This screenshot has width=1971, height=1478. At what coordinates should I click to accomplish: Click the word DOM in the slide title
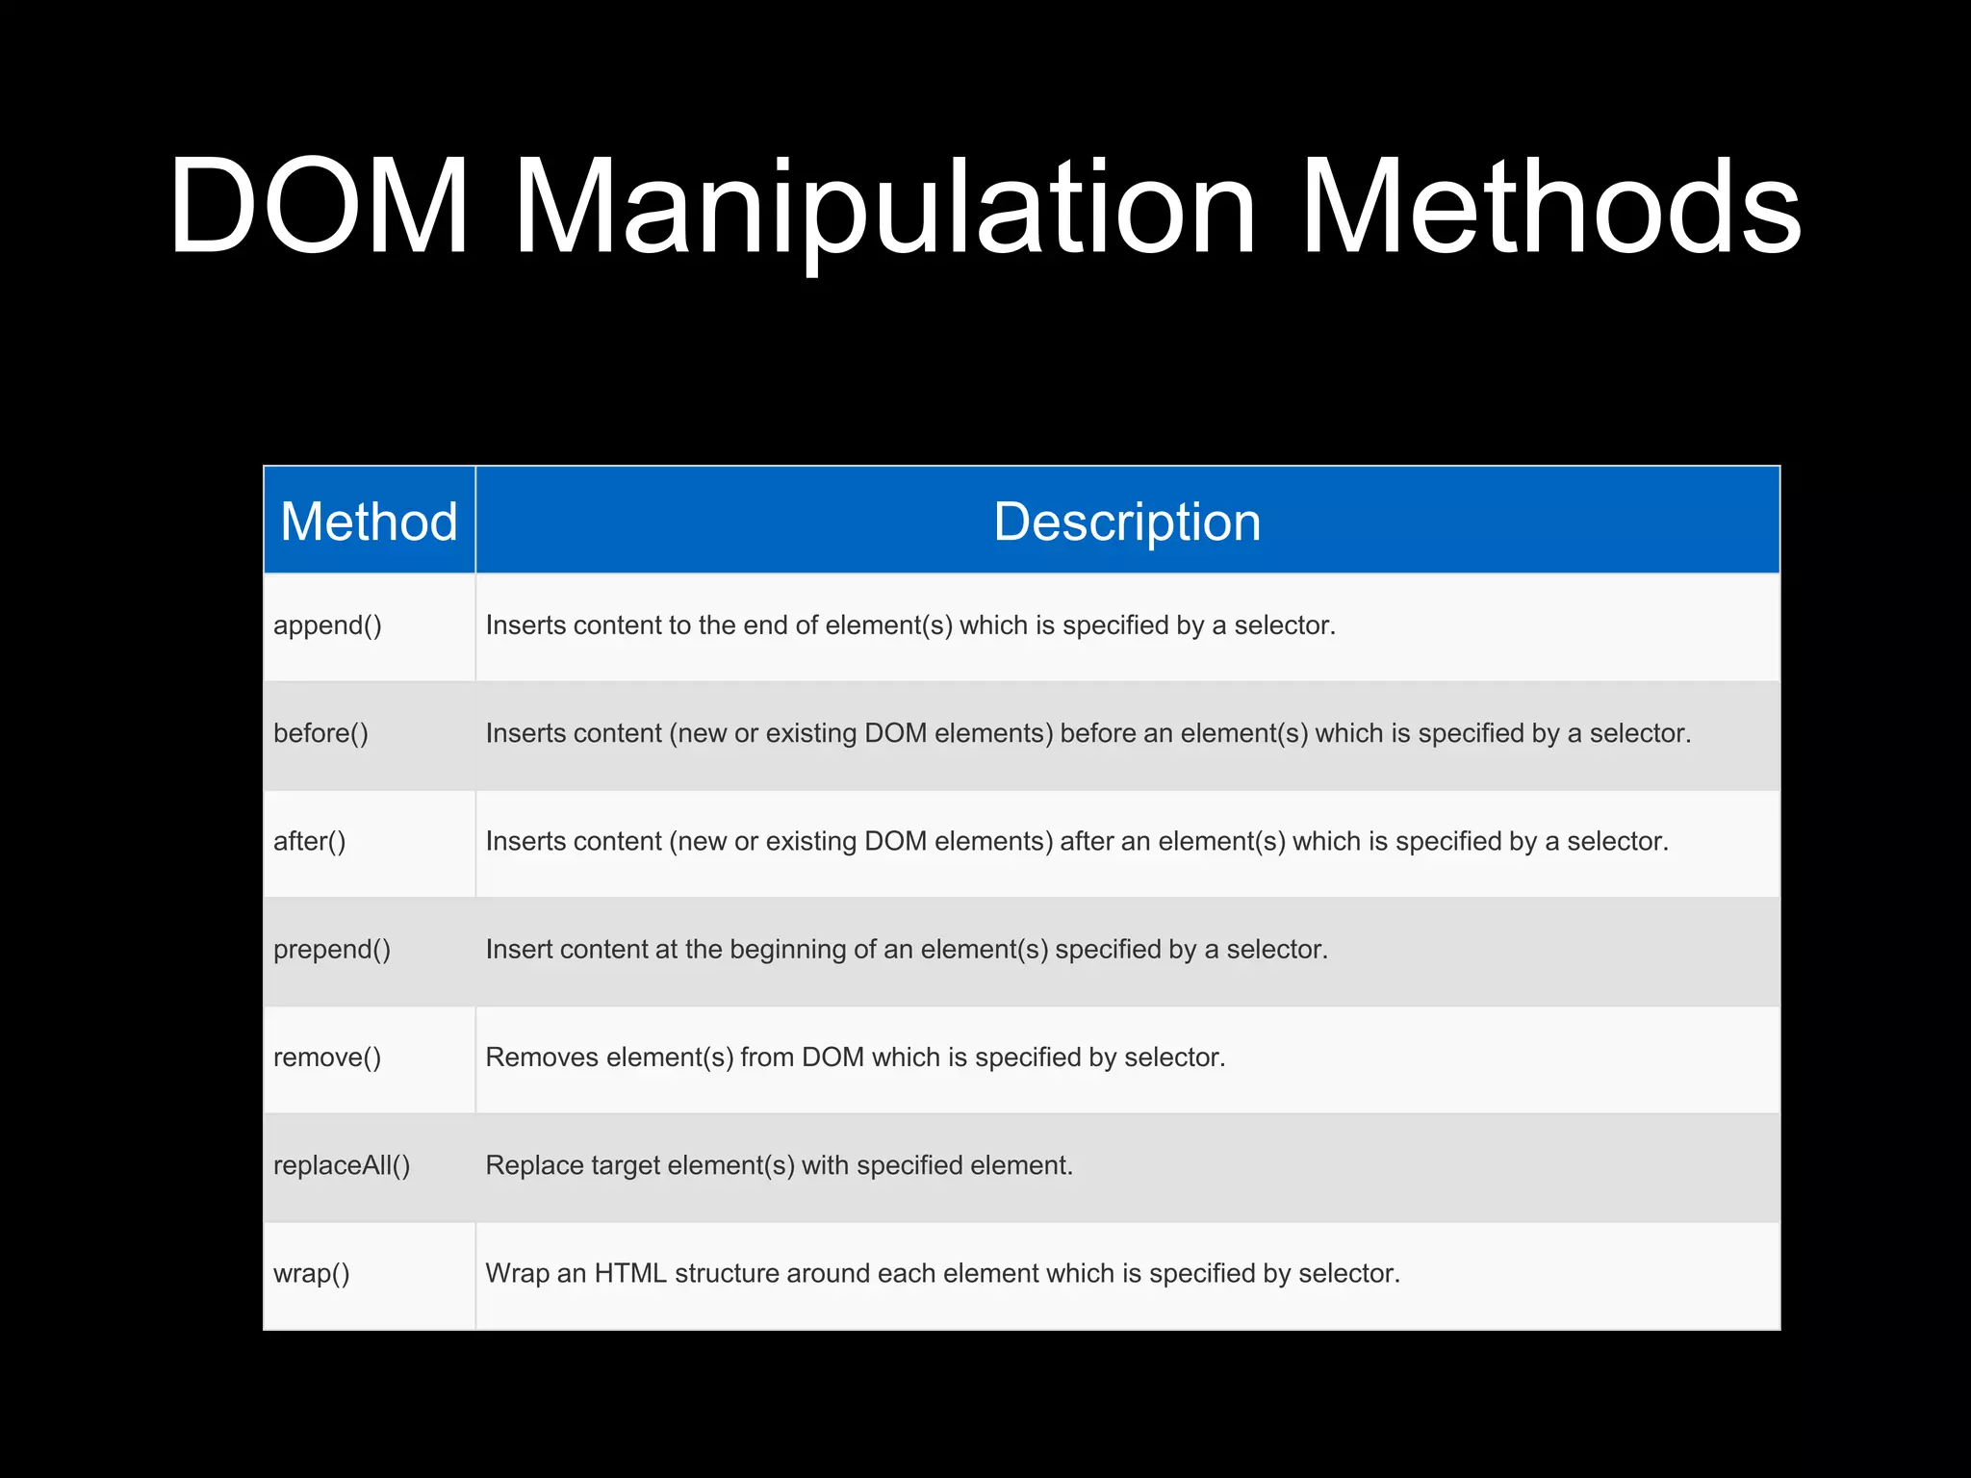[x=319, y=207]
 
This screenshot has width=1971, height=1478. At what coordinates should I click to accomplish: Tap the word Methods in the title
[x=1550, y=207]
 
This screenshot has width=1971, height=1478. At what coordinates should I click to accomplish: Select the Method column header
[x=369, y=522]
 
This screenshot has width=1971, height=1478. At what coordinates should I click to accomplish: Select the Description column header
[x=1127, y=522]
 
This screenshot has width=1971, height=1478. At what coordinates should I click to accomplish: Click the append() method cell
[x=327, y=625]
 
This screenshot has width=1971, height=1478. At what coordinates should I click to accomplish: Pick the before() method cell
[x=320, y=733]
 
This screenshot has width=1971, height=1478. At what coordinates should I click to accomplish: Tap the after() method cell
[x=309, y=842]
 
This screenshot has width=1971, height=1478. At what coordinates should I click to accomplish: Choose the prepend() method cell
[x=332, y=950]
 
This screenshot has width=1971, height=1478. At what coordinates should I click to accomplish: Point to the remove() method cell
[x=327, y=1058]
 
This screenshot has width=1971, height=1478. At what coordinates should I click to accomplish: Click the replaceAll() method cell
[x=342, y=1165]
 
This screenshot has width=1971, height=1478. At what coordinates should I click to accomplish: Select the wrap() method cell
[x=311, y=1274]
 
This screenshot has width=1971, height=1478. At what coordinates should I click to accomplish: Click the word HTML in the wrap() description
[x=630, y=1273]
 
